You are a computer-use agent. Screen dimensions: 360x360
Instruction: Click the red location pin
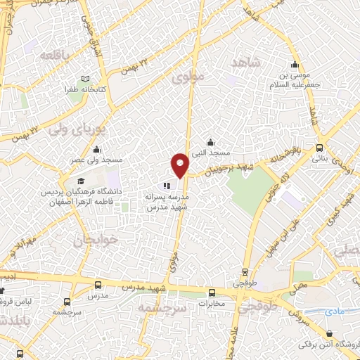pyautogui.click(x=181, y=165)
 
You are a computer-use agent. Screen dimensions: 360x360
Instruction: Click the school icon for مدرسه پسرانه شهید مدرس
pyautogui.click(x=167, y=186)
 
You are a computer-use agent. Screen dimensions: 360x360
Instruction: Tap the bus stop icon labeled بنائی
pyautogui.click(x=320, y=148)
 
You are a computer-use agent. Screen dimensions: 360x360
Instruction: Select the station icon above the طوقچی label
pyautogui.click(x=245, y=272)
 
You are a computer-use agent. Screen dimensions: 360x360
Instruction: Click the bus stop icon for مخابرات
pyautogui.click(x=212, y=293)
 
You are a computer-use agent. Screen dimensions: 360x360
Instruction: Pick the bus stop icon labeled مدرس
pyautogui.click(x=97, y=285)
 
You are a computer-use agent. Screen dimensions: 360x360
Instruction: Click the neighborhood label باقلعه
pyautogui.click(x=53, y=55)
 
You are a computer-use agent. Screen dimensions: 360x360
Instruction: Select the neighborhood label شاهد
pyautogui.click(x=245, y=63)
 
